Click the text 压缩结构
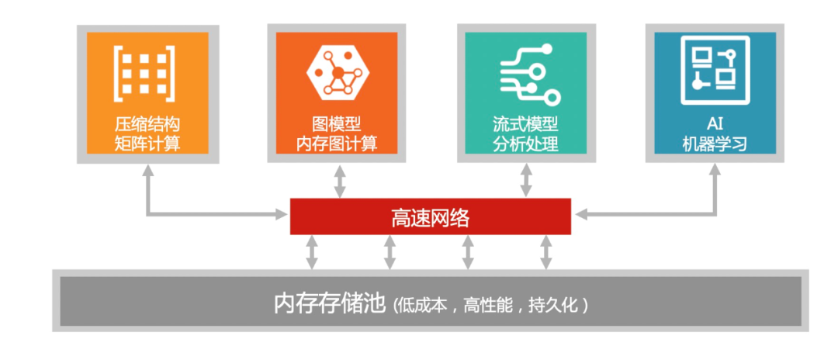coord(147,125)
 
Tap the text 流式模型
coord(526,125)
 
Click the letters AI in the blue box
coord(715,125)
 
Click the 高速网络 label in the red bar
coord(430,217)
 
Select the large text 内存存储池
coord(330,303)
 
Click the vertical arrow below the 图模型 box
coord(339,181)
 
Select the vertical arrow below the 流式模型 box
coord(526,181)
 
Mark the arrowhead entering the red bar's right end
coord(580,213)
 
